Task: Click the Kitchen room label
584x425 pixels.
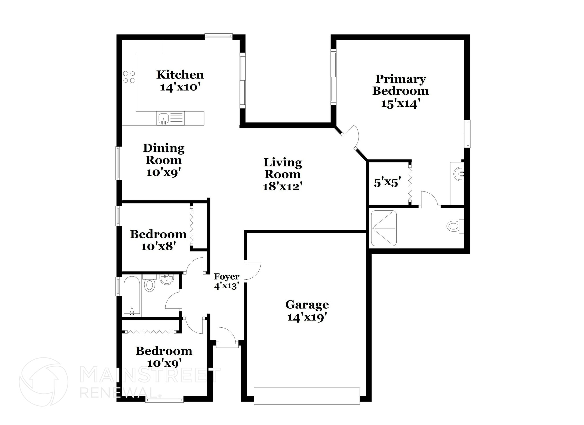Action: pos(180,75)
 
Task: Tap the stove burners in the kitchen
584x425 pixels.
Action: pos(129,77)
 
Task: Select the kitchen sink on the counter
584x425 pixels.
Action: pos(163,118)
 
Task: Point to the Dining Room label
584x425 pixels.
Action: pos(163,154)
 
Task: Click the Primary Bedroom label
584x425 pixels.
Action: pos(400,85)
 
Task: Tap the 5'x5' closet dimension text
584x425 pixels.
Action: pos(387,182)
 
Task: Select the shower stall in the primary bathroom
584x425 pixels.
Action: pos(384,228)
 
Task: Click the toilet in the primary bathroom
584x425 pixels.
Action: pos(454,227)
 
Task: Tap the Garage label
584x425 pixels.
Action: pos(307,305)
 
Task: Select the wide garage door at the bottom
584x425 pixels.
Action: pos(307,396)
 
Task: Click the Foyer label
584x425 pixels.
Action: pos(226,277)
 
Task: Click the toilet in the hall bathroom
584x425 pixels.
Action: pos(149,284)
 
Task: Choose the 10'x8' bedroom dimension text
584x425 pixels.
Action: pos(158,246)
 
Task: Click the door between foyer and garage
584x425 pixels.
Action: pos(253,271)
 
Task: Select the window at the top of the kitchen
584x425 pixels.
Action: pos(218,36)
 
